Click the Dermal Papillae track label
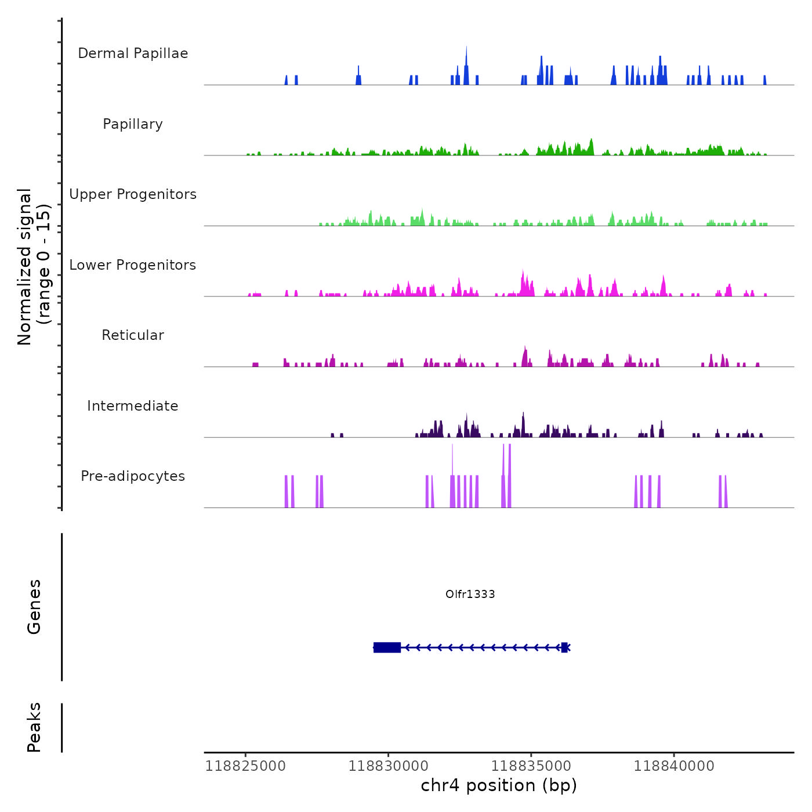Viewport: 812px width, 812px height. [133, 53]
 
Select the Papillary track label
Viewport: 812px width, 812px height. [133, 124]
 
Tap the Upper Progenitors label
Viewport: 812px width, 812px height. [133, 194]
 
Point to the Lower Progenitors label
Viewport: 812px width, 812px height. [133, 265]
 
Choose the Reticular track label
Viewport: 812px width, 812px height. [133, 335]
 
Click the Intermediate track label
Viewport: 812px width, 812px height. [133, 406]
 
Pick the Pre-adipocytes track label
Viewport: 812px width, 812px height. [133, 476]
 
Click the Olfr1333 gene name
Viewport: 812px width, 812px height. [470, 594]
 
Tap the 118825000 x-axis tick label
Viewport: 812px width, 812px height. [245, 766]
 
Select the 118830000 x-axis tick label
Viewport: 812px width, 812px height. [388, 766]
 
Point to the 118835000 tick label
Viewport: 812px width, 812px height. [531, 766]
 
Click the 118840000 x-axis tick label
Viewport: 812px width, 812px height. [674, 766]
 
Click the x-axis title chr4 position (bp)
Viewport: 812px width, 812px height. [499, 786]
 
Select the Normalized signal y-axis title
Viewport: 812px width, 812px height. [34, 266]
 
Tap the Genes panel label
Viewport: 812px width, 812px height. [34, 607]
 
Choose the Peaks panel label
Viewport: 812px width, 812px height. [34, 727]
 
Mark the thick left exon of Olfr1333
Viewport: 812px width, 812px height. [387, 647]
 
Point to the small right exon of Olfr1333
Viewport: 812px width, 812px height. [564, 647]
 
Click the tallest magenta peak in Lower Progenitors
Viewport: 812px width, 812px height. [523, 281]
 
